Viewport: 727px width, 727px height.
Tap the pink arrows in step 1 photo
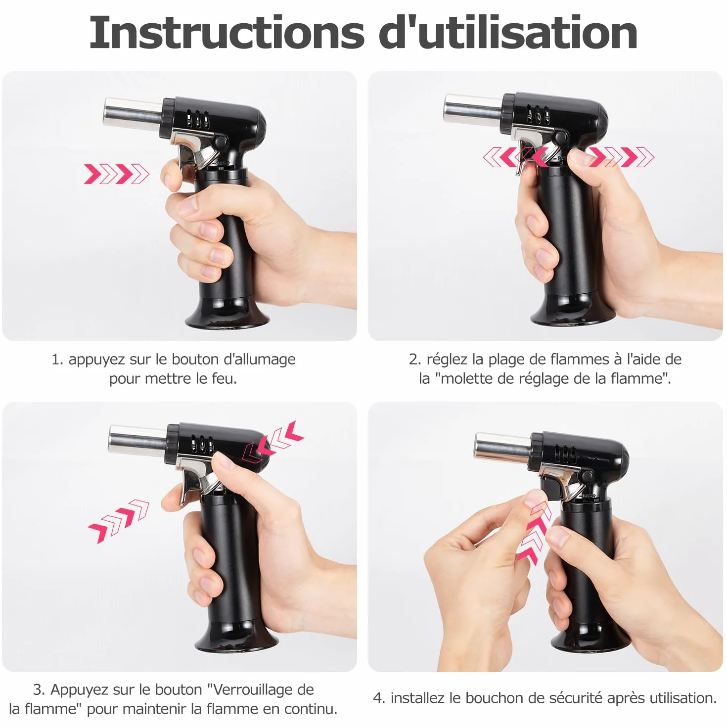(x=117, y=174)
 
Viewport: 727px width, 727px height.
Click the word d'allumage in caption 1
(x=260, y=359)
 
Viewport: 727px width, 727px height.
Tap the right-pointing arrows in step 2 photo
(x=621, y=157)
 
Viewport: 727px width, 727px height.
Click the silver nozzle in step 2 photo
(x=473, y=108)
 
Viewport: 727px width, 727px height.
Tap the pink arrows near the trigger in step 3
(x=119, y=521)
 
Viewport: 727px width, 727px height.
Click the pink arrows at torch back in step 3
(x=273, y=441)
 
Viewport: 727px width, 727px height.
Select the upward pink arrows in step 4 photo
(x=534, y=533)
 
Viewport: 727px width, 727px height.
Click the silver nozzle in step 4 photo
(x=503, y=447)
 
